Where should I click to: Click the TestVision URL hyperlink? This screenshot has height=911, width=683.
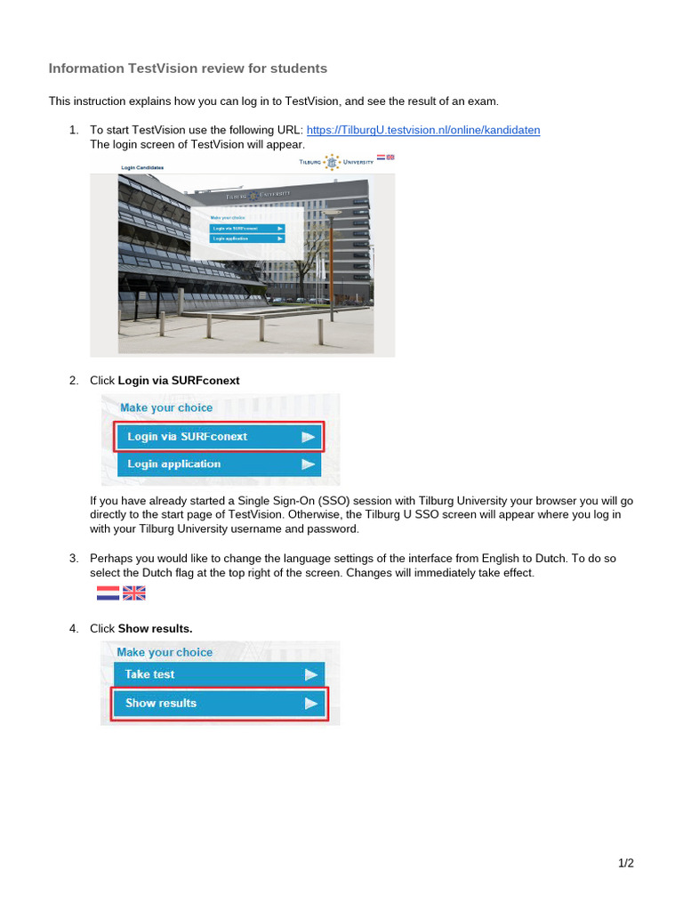(423, 130)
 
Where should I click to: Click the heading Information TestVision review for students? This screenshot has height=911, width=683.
(188, 69)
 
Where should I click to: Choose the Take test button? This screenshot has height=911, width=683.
(219, 674)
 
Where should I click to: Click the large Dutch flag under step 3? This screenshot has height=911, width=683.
(108, 593)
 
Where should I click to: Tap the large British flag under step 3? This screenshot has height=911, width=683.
(133, 593)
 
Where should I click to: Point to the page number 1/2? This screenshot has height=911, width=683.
(626, 863)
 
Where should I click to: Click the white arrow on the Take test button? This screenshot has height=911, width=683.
(310, 674)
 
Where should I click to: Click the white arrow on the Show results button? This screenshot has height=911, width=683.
(310, 703)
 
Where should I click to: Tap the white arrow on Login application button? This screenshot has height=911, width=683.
(308, 464)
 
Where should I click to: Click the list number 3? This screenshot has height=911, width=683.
(74, 559)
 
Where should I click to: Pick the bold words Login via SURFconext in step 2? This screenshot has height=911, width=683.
(179, 381)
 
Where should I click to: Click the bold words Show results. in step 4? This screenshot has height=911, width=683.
(155, 629)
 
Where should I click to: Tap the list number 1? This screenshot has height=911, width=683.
(74, 130)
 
